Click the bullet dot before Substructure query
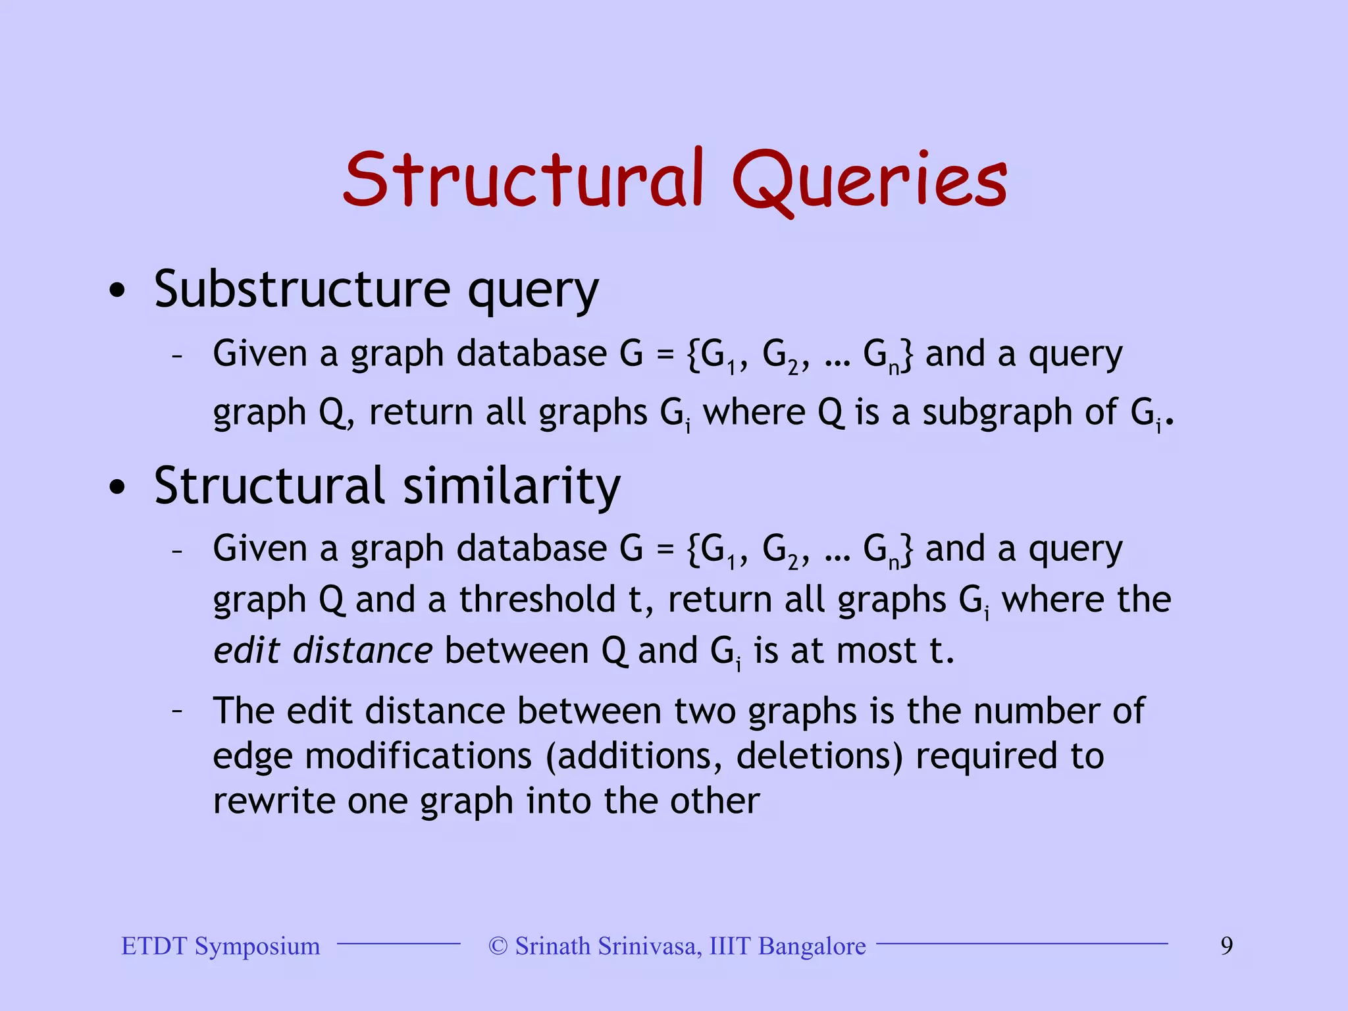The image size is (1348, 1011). coord(117,290)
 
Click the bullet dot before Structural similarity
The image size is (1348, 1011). coord(117,487)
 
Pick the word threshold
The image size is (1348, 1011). coord(537,600)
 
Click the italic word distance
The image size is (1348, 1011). coord(363,650)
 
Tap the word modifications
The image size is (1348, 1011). coord(418,756)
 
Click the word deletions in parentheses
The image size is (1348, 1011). coord(820,756)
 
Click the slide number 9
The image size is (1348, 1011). coord(1227,946)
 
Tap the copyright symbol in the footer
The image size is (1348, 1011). coord(498,946)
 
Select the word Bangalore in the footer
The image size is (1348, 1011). coord(812,946)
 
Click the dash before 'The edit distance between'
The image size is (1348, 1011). coord(176,711)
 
